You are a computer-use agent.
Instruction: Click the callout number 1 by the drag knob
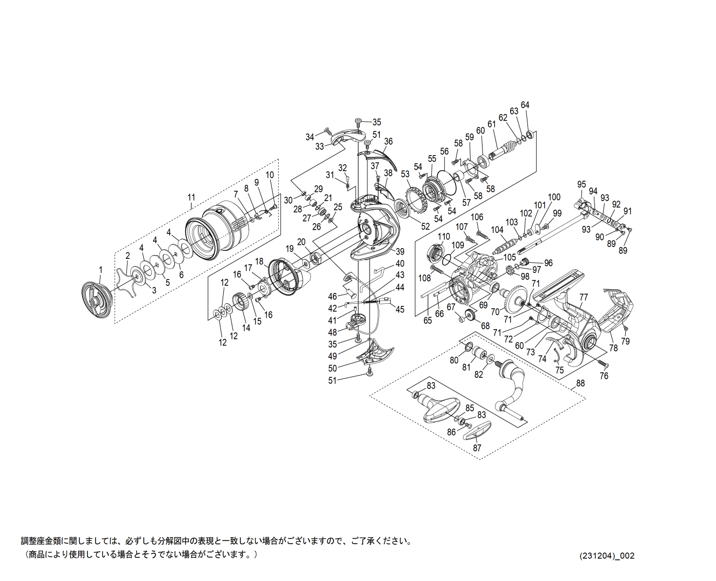click(x=100, y=269)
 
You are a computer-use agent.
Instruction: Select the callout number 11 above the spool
click(x=191, y=198)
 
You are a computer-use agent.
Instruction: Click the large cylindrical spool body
click(x=216, y=232)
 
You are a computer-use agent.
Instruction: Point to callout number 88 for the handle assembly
click(x=580, y=383)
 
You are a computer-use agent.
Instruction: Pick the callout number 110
click(x=444, y=237)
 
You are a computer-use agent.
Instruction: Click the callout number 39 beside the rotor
click(x=400, y=252)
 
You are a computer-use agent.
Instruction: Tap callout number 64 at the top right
click(x=525, y=105)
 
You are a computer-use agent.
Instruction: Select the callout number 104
click(x=497, y=230)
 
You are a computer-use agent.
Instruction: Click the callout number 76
click(x=604, y=376)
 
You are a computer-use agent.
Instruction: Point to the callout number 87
click(x=477, y=448)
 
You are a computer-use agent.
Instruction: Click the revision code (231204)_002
click(x=607, y=556)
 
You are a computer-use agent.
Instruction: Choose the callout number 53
click(x=405, y=174)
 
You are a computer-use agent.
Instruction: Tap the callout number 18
click(x=259, y=262)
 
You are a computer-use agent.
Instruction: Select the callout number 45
click(x=400, y=310)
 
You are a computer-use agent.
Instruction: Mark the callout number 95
click(x=581, y=185)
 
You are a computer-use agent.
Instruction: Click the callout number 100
click(x=554, y=197)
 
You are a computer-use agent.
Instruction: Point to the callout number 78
click(x=613, y=348)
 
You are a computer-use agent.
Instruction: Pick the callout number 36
click(x=388, y=142)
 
